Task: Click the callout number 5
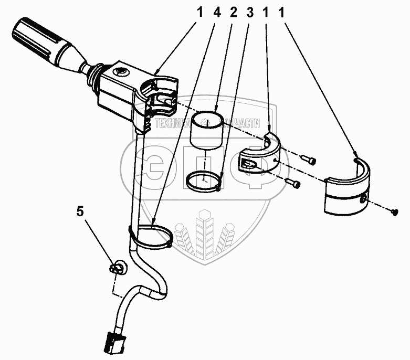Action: (80, 211)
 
